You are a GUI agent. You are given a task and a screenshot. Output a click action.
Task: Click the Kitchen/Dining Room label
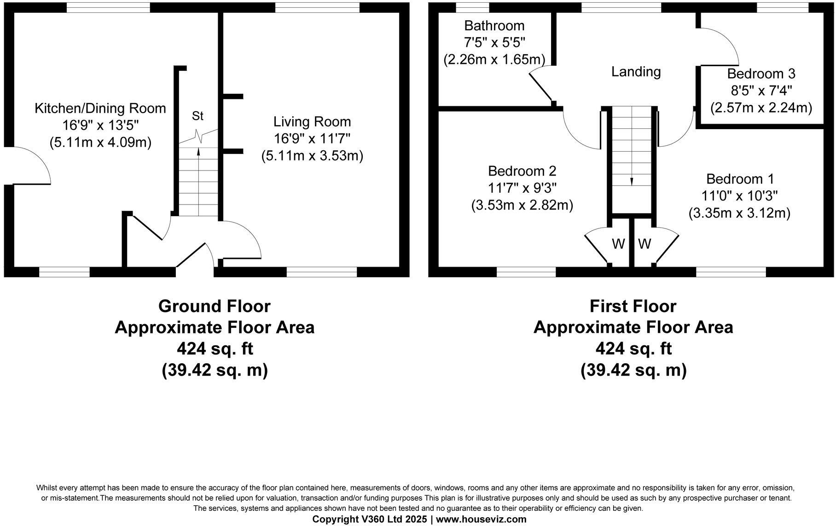pos(100,109)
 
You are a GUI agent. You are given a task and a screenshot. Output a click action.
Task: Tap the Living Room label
pos(312,122)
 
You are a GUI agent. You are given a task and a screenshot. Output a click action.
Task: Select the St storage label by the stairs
pos(197,116)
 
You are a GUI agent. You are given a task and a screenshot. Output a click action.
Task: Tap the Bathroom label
pos(494,26)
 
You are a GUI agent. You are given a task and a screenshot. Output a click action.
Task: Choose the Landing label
pos(636,72)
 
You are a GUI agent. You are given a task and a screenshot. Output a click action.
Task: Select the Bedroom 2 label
pos(522,171)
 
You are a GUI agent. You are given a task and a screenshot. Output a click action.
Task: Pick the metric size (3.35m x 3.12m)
pos(739,213)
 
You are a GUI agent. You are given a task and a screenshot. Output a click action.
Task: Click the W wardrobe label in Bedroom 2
pos(618,244)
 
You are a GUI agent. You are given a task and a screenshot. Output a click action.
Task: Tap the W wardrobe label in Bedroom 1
pos(644,244)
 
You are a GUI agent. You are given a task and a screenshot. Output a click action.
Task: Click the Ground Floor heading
pos(214,306)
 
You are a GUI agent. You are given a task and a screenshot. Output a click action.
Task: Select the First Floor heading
pos(633,306)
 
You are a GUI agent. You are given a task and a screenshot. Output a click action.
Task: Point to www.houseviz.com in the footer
pos(481,519)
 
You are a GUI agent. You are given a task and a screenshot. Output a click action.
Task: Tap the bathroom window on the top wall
pos(472,8)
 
